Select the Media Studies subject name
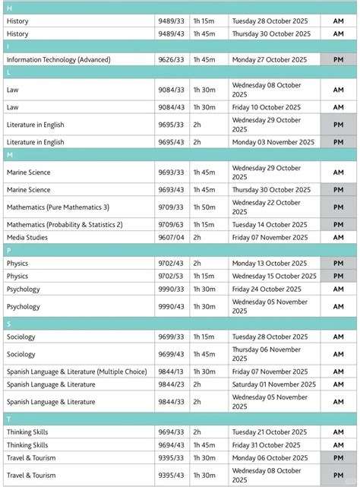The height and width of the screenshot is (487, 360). (27, 237)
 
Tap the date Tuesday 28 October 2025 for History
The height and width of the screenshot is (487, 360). (270, 21)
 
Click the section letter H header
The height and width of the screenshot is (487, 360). (8, 7)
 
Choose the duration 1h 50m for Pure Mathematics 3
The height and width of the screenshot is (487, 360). (204, 207)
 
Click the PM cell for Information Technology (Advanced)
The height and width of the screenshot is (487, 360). (338, 59)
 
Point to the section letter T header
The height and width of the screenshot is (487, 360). (8, 419)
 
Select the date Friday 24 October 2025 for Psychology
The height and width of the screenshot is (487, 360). (265, 289)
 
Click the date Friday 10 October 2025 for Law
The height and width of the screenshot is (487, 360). (265, 108)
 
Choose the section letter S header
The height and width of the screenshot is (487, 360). (8, 324)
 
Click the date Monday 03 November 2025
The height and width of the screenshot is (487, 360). (273, 142)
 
